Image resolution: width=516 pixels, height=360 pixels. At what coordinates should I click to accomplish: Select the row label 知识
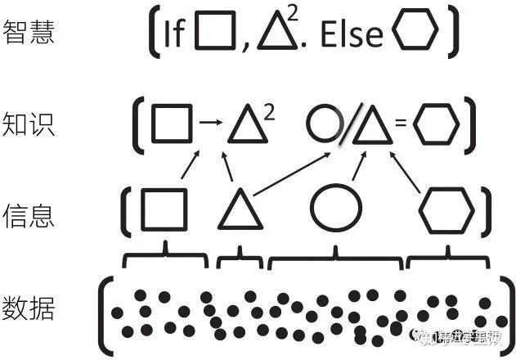[x=29, y=124]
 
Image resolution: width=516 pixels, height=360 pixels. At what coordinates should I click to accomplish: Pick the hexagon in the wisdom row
[x=415, y=33]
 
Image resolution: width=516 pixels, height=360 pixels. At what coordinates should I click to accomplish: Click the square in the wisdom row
[x=218, y=33]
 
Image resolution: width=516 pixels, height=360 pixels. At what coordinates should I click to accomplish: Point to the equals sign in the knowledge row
[x=402, y=124]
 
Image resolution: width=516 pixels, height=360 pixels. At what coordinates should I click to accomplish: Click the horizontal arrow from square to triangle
[x=211, y=124]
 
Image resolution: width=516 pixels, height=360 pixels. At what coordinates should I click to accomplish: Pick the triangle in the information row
[x=240, y=211]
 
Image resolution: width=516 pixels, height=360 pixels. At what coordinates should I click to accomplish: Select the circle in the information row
[x=335, y=209]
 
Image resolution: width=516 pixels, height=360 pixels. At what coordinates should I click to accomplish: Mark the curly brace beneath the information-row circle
[x=335, y=259]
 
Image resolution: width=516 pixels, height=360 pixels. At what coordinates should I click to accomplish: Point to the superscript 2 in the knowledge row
[x=270, y=112]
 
